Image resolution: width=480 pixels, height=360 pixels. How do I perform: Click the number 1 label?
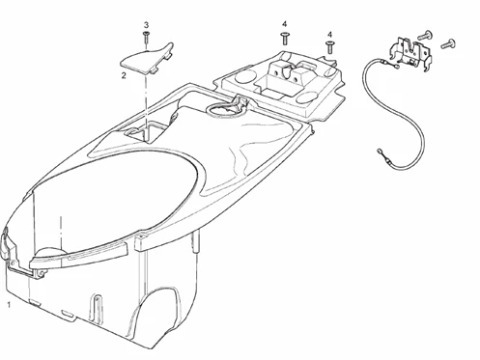coord(9,305)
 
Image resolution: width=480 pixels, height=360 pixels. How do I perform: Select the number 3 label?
coord(146,24)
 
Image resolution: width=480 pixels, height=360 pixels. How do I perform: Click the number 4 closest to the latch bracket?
coord(329,34)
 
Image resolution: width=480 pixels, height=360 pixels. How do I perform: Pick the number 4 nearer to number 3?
coord(285,22)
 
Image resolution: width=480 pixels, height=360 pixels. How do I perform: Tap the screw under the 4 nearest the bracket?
coord(329,46)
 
